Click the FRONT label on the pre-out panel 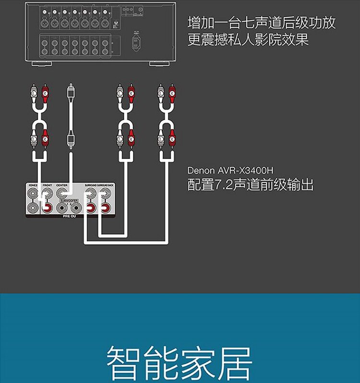(47, 185)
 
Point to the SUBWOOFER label (69, 200)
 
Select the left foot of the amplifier (41, 63)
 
